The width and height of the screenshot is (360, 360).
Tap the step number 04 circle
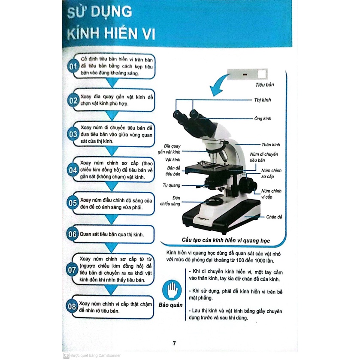pos(73,170)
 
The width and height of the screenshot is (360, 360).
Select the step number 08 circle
pos(73,307)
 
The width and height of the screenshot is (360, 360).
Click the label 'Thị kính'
pos(263,100)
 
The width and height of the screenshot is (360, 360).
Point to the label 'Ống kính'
pos(263,118)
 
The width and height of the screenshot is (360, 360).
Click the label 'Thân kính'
pos(271,144)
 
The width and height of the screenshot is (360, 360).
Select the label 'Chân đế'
pos(274,217)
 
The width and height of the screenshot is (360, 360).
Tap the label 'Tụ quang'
pos(171,185)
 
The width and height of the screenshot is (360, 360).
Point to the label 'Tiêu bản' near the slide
pos(264,85)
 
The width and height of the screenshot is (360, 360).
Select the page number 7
pos(174,343)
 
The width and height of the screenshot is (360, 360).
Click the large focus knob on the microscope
pos(247,185)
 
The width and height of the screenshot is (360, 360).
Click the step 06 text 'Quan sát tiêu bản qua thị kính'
pos(111,235)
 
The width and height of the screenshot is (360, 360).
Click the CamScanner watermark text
pos(92,355)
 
